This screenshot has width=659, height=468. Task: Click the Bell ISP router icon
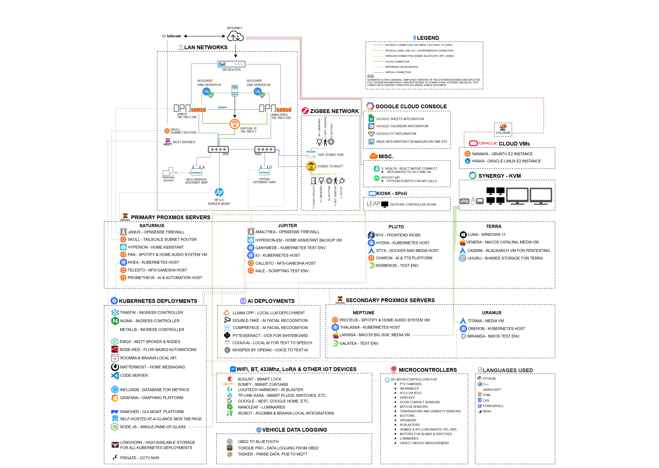coord(231,64)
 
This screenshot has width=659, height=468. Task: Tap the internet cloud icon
coord(235,36)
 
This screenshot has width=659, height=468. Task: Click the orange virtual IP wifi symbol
coord(235,124)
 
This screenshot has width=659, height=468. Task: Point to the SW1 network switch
coord(218,149)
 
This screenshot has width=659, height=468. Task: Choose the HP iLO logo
coord(219,192)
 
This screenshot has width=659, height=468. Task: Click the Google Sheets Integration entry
coord(400,119)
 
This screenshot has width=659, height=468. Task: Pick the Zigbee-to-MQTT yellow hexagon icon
coord(311,166)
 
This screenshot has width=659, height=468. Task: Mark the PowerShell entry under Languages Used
coord(493,406)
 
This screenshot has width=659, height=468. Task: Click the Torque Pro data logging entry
coord(278,448)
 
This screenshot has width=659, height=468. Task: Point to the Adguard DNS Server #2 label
coord(258,83)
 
